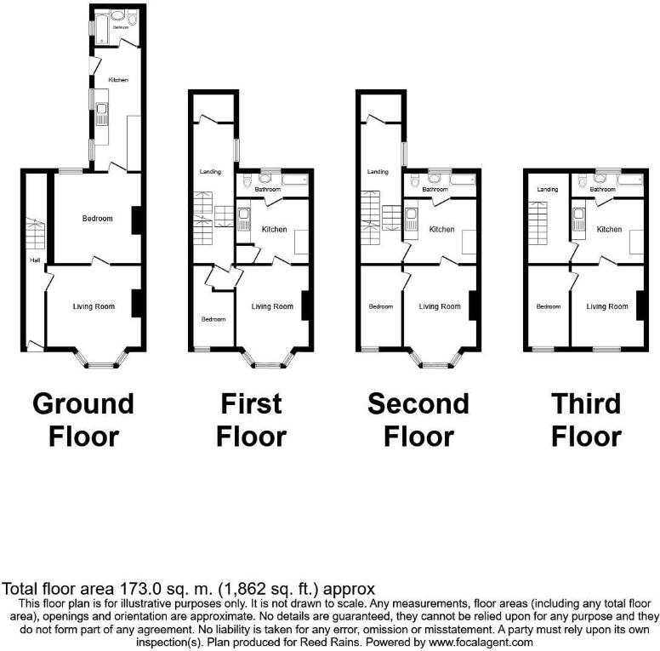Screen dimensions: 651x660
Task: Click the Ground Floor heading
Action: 82,420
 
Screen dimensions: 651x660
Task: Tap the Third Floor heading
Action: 586,420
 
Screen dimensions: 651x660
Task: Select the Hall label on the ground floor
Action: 35,260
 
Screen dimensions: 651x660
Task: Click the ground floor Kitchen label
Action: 118,79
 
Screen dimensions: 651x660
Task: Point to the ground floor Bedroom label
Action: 97,219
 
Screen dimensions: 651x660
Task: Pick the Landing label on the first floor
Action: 210,172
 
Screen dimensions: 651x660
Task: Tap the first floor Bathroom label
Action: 265,189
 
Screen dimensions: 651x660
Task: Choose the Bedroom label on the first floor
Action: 213,319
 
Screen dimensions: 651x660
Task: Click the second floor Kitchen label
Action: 441,229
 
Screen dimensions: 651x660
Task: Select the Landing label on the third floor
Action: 547,189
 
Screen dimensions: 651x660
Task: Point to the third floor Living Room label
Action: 607,306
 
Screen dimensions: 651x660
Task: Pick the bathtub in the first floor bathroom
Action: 296,180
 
